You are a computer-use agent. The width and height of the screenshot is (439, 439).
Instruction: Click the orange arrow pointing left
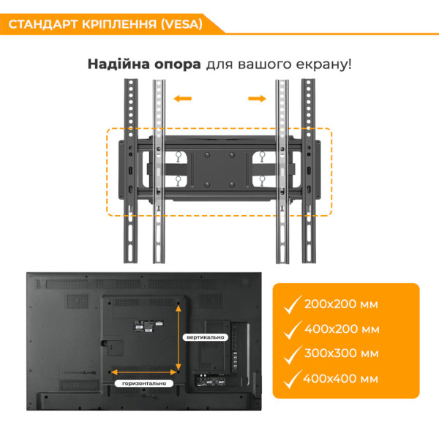click(x=183, y=97)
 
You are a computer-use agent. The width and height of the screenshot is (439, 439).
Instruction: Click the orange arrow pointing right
click(x=256, y=97)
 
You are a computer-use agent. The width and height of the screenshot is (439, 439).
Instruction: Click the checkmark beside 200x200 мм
click(x=293, y=303)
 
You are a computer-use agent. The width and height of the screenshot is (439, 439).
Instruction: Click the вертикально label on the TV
click(x=205, y=337)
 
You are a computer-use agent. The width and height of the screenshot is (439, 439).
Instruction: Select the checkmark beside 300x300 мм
click(x=293, y=353)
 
